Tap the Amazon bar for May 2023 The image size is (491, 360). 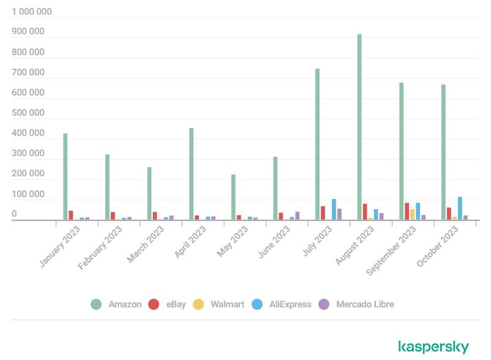pos(233,197)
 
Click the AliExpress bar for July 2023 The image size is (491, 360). pos(334,209)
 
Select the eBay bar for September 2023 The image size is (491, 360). pos(407,211)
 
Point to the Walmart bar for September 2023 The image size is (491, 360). pos(412,214)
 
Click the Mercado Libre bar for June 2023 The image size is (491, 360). pos(298,216)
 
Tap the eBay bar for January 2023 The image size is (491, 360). pos(71,215)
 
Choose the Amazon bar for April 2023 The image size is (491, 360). pos(191,174)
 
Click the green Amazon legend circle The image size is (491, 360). pos(96,304)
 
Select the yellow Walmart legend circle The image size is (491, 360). pos(198,304)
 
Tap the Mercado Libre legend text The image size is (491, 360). pos(365,304)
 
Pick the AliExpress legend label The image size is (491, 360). pos(290,304)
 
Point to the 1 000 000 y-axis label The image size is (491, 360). pos(32,12)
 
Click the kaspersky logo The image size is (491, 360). pos(433,347)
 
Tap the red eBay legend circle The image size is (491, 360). pos(154,304)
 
